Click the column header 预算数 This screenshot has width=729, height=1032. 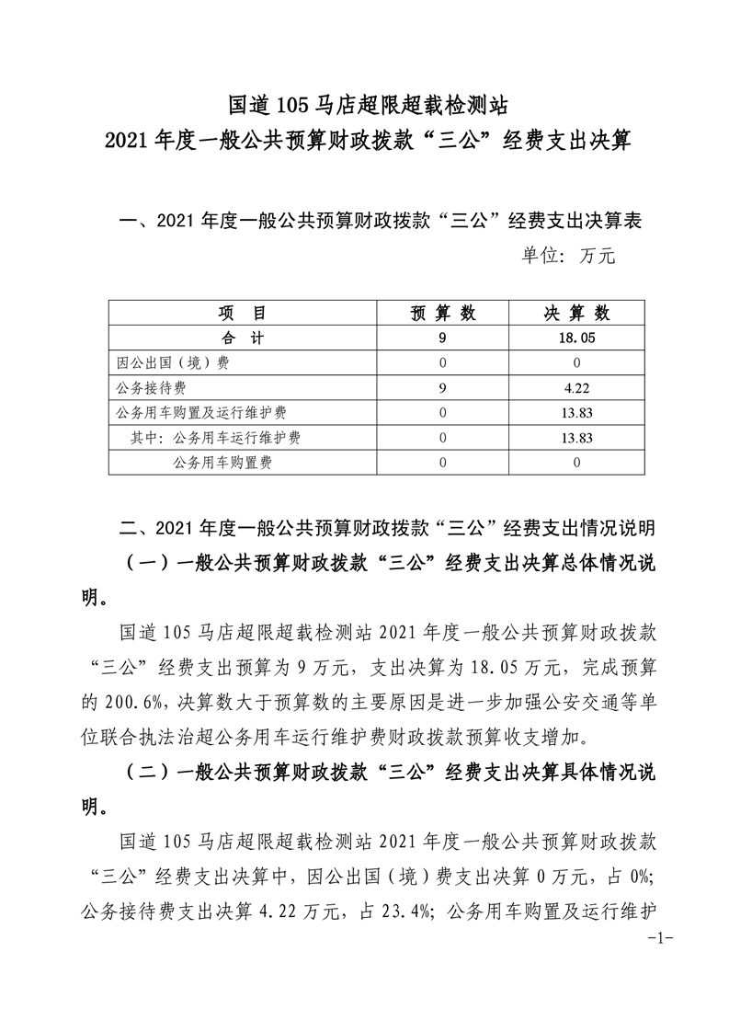click(x=443, y=313)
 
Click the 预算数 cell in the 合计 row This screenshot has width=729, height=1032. click(x=443, y=338)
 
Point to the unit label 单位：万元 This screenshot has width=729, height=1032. click(x=567, y=257)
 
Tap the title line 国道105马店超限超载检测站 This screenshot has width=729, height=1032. click(x=364, y=102)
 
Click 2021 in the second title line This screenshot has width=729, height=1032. click(x=128, y=143)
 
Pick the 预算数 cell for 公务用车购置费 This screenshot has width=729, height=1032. click(x=443, y=464)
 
